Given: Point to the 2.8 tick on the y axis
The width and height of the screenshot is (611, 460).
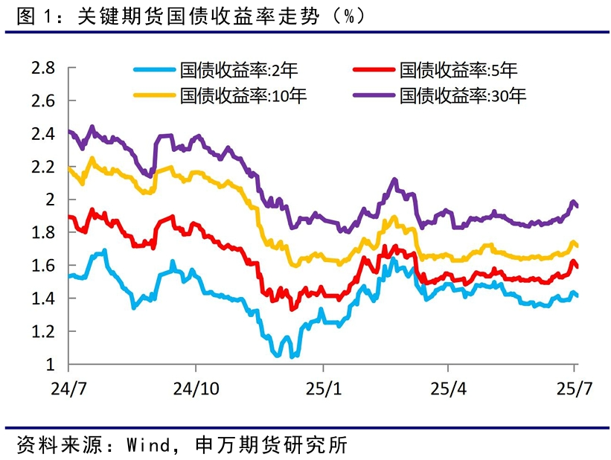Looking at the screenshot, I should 43,68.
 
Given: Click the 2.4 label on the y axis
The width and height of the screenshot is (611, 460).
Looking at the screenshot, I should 43,134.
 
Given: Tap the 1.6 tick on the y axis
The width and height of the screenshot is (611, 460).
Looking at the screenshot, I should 43,266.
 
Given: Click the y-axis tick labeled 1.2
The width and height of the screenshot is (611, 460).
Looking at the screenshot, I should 43,331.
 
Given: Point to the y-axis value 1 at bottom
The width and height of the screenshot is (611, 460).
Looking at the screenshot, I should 51,364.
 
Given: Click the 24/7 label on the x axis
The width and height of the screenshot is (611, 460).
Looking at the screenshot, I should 68,389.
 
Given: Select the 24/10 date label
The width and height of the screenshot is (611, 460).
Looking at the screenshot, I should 195,389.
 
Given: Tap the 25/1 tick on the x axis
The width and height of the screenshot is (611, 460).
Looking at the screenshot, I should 322,389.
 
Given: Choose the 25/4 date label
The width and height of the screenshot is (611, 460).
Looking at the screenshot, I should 447,389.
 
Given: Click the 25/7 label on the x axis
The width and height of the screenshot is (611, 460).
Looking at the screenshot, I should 574,389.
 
